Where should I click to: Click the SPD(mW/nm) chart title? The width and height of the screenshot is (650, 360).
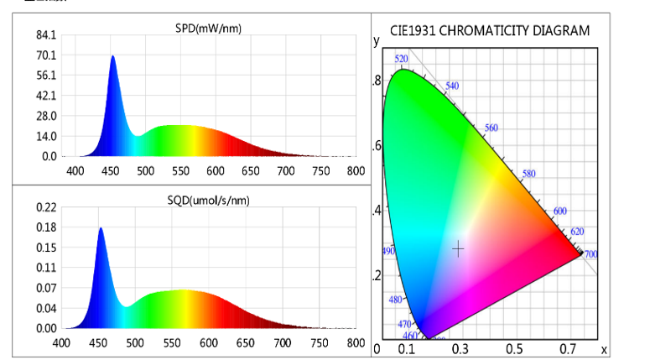click(x=208, y=30)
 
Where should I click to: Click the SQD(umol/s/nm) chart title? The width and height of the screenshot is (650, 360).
click(x=208, y=200)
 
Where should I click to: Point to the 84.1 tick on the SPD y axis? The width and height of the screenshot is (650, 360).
click(x=45, y=35)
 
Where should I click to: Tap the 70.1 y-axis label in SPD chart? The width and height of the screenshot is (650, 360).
click(x=45, y=55)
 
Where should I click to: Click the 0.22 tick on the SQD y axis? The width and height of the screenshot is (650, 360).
click(x=45, y=207)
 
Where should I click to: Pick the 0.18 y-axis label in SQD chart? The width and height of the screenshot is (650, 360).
click(x=45, y=227)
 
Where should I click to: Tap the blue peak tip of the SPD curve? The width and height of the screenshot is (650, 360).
click(x=112, y=57)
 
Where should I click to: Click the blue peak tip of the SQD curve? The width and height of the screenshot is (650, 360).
click(x=101, y=228)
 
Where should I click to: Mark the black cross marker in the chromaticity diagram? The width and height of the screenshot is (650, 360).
click(x=458, y=248)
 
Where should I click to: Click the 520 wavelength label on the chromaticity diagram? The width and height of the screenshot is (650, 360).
click(x=402, y=59)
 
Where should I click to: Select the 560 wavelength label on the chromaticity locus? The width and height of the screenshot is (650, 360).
click(x=491, y=128)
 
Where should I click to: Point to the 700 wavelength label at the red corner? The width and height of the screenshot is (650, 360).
click(x=590, y=254)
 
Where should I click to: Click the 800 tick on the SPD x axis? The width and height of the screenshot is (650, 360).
click(x=356, y=171)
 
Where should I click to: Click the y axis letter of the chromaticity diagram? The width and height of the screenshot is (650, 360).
click(x=377, y=39)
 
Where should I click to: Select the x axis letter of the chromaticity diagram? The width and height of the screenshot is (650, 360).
click(x=603, y=349)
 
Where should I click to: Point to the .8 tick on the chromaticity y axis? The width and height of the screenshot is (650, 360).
click(x=377, y=81)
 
